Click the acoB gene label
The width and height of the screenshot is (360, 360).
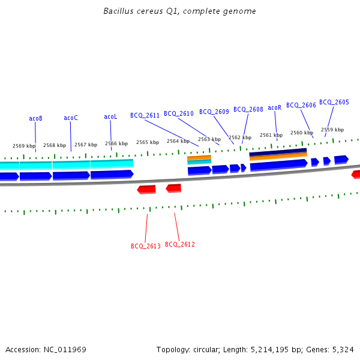[35, 118]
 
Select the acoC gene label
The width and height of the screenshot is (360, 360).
[70, 118]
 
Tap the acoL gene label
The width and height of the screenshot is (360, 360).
[110, 116]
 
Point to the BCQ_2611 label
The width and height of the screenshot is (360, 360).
[145, 115]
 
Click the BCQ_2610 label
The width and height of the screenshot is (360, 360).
[179, 113]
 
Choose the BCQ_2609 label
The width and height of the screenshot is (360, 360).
[214, 112]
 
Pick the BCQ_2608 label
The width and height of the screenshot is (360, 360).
[248, 109]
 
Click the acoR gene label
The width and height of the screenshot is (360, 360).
[274, 107]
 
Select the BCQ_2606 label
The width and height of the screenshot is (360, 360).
[301, 105]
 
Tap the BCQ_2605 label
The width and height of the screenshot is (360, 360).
[334, 102]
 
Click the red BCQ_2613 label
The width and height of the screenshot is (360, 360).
[146, 246]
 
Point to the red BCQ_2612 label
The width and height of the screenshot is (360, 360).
[180, 244]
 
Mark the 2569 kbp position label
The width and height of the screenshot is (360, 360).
[24, 146]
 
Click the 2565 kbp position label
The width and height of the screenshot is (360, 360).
[148, 142]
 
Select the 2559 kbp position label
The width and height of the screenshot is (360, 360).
[332, 130]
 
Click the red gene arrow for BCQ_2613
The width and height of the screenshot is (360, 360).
[146, 190]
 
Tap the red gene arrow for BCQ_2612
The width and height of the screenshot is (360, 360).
[173, 188]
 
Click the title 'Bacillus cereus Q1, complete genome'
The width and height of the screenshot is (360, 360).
[179, 11]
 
